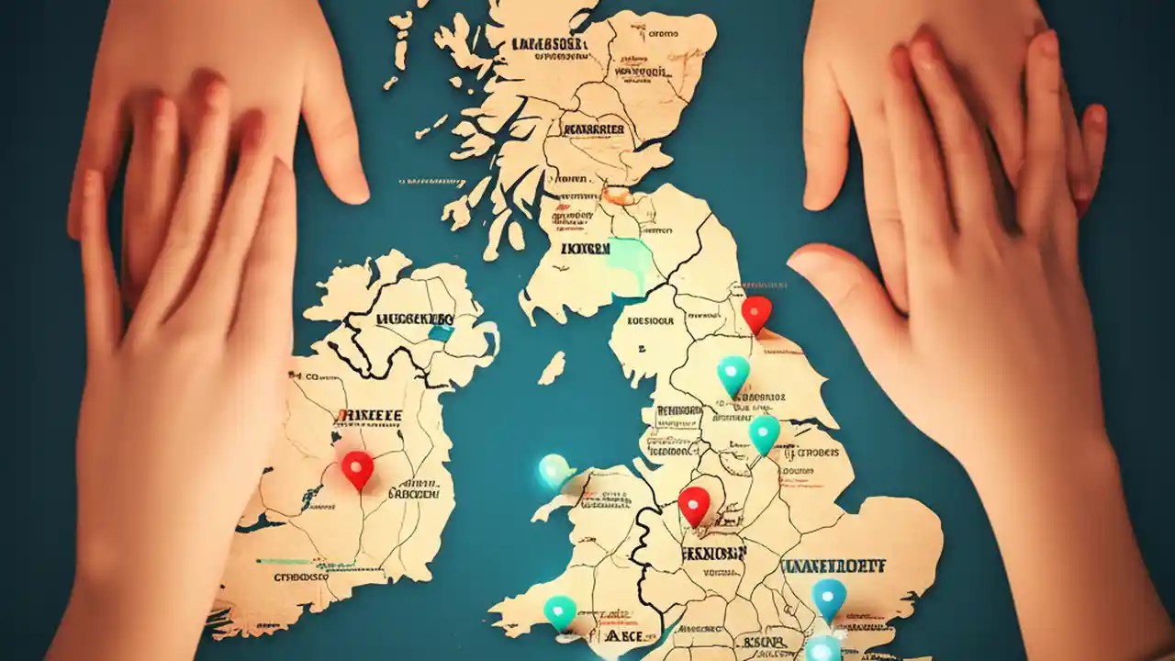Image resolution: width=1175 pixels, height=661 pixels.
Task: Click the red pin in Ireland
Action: click(x=357, y=467)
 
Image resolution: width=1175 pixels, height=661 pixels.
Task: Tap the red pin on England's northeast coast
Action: click(x=756, y=312)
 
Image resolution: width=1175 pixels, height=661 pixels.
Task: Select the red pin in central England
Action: click(x=694, y=504)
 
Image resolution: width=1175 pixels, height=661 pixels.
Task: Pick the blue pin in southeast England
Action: click(x=829, y=598)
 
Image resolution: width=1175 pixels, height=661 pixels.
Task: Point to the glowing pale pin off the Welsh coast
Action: click(x=554, y=470)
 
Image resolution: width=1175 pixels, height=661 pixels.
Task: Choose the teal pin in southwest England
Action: click(x=560, y=611)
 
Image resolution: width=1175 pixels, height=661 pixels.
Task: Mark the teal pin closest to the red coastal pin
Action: click(x=733, y=374)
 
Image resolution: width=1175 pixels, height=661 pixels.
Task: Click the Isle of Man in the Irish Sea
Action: click(x=552, y=368)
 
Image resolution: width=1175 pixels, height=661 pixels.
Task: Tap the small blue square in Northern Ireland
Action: click(x=442, y=333)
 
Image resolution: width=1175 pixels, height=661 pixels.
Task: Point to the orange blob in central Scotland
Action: click(x=617, y=195)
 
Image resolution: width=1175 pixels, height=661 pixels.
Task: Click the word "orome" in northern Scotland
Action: click(x=663, y=34)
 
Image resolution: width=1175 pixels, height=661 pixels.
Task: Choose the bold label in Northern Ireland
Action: click(x=414, y=319)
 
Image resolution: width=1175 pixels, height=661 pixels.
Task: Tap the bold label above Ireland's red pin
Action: click(x=369, y=416)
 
